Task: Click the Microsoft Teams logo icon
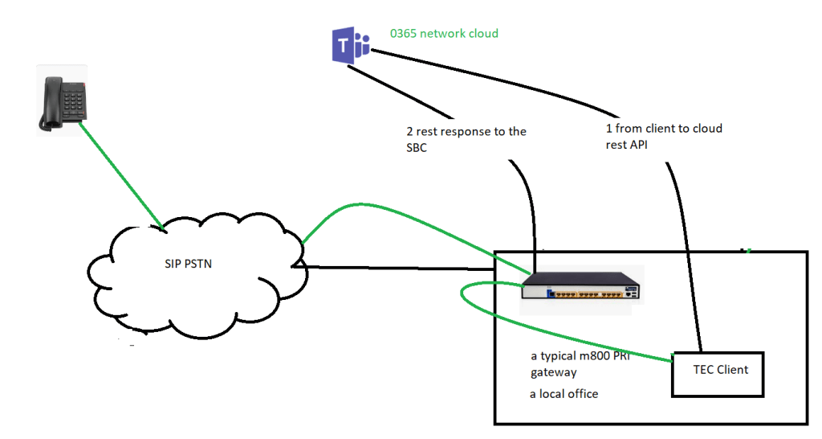pos(351,44)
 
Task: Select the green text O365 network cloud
pos(444,34)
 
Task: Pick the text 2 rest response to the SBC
pos(466,138)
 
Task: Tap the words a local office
pos(564,394)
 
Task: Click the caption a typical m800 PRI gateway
pos(578,364)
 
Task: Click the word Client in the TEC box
pos(731,370)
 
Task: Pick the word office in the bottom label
pos(580,394)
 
